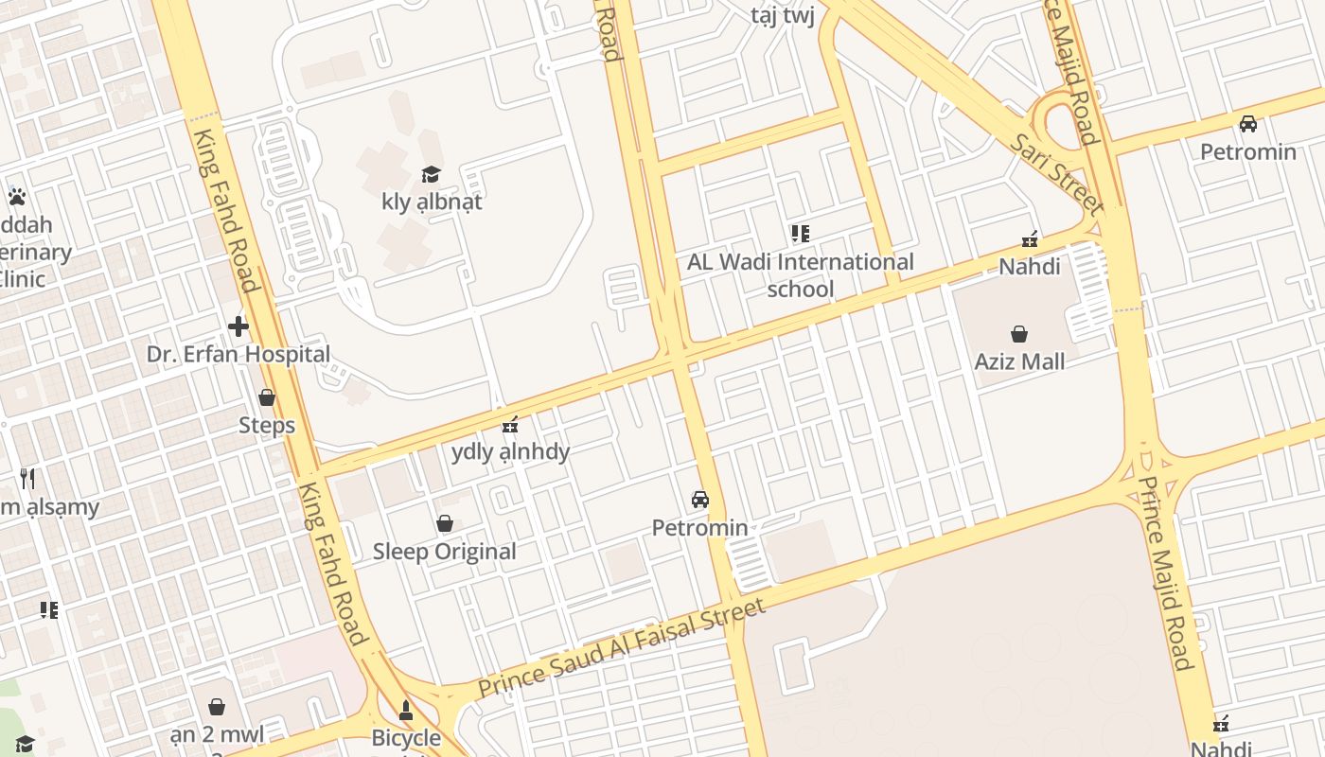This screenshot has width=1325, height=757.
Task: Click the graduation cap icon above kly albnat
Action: pyautogui.click(x=432, y=174)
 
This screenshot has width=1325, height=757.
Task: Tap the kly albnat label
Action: pyautogui.click(x=432, y=202)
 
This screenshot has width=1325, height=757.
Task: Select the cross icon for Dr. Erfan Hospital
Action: pyautogui.click(x=238, y=327)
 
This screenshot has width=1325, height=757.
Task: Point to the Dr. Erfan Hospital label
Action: pyautogui.click(x=238, y=355)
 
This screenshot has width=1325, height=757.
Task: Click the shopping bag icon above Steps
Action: pyautogui.click(x=267, y=398)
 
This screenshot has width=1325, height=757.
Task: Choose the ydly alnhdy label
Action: pyautogui.click(x=510, y=451)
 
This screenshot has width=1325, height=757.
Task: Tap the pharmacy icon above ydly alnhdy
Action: pyautogui.click(x=510, y=424)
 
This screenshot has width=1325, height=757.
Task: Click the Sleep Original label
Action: pyautogui.click(x=444, y=552)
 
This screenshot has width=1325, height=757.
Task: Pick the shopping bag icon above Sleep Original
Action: pyautogui.click(x=444, y=524)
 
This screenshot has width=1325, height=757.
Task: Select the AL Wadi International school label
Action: pyautogui.click(x=801, y=275)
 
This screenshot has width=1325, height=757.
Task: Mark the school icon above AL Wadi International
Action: pyautogui.click(x=801, y=234)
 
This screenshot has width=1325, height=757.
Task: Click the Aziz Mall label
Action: pyautogui.click(x=1019, y=361)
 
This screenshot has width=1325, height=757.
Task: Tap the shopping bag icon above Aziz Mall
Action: pyautogui.click(x=1019, y=334)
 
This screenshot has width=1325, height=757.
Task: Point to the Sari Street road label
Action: pyautogui.click(x=1056, y=173)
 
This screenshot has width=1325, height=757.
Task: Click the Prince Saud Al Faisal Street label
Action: pyautogui.click(x=621, y=649)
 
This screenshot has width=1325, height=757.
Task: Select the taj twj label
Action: pyautogui.click(x=783, y=15)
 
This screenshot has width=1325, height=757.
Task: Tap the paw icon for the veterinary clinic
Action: pyautogui.click(x=16, y=197)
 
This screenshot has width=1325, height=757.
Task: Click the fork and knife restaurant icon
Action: pyautogui.click(x=28, y=479)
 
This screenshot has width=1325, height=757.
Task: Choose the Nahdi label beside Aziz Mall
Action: pyautogui.click(x=1030, y=267)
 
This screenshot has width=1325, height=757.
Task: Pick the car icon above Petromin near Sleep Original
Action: pyautogui.click(x=700, y=500)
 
